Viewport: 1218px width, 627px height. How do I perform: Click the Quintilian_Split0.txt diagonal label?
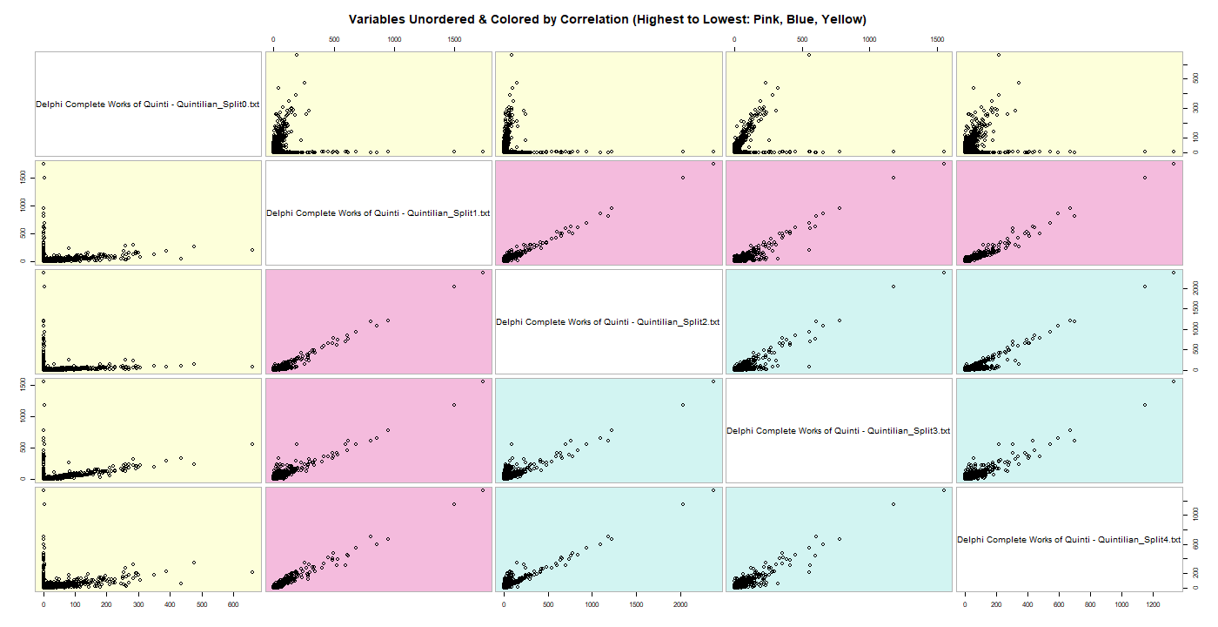[x=148, y=104]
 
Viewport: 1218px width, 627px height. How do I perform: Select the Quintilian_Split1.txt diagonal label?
[x=378, y=213]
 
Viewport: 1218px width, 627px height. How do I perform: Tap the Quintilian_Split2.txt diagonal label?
[x=608, y=322]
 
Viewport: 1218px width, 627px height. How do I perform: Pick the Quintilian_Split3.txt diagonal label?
[x=838, y=431]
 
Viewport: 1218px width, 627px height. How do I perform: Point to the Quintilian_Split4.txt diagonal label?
[x=1068, y=540]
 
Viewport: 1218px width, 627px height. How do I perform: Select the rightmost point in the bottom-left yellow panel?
[x=251, y=572]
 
